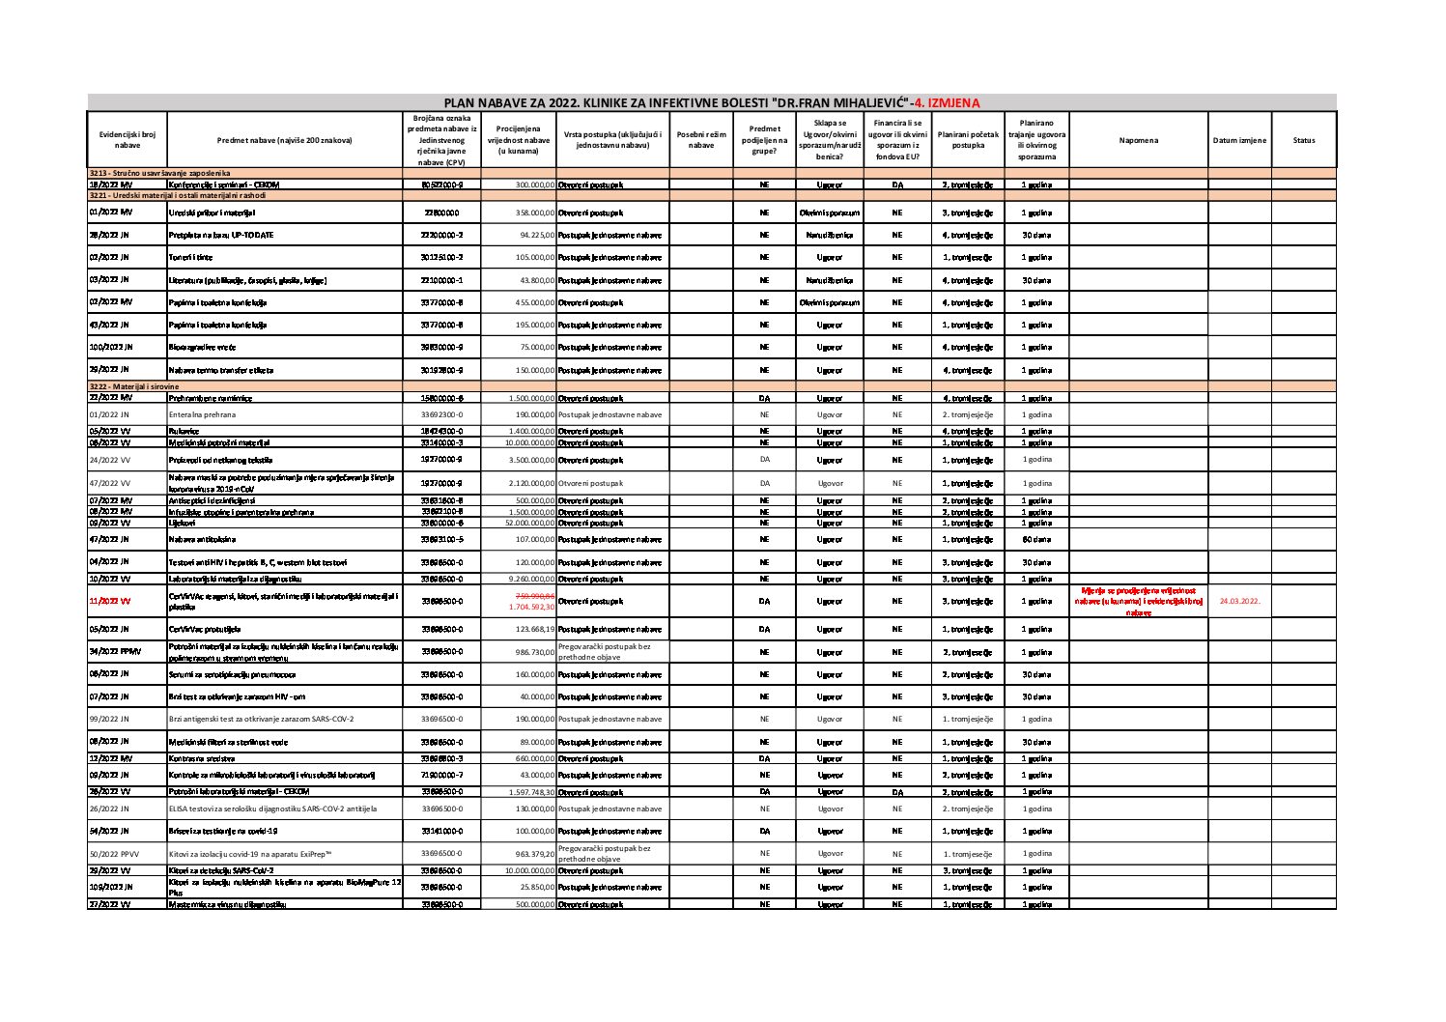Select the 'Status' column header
coord(1303,140)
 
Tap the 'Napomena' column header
coord(1138,140)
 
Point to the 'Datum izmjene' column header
coord(1239,140)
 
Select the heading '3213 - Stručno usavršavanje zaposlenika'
coord(159,172)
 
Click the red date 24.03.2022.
coord(1239,601)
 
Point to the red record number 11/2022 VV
coord(109,601)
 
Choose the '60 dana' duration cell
coord(1035,539)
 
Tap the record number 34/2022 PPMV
coord(114,652)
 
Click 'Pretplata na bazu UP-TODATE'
coord(221,235)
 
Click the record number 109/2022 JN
coord(110,886)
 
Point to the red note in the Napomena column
coord(1138,601)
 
